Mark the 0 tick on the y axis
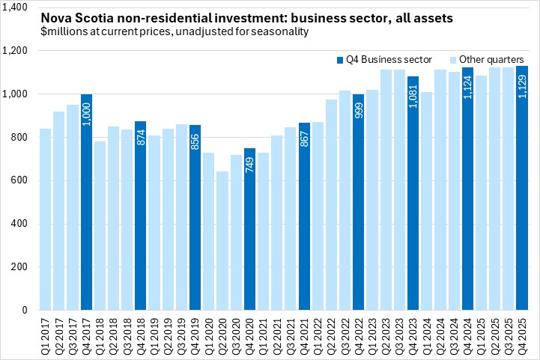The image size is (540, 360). [x=25, y=310]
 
